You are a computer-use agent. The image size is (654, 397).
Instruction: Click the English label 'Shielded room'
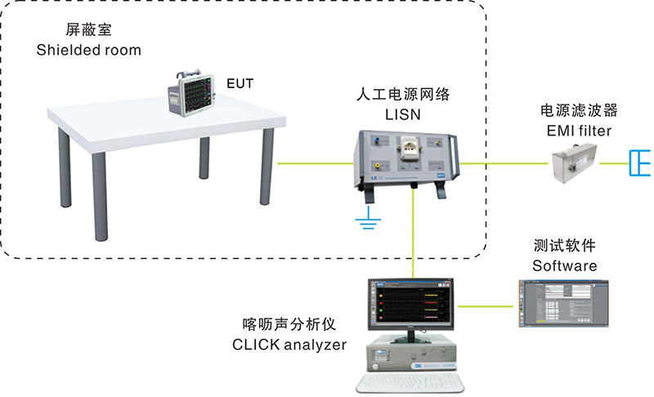[x=89, y=50]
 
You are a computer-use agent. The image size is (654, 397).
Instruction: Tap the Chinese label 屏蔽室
[x=60, y=30]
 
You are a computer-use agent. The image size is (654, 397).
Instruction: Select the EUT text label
[x=241, y=83]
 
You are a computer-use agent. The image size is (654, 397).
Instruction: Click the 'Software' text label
[x=564, y=265]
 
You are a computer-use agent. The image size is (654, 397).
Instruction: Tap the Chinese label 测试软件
[x=564, y=245]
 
